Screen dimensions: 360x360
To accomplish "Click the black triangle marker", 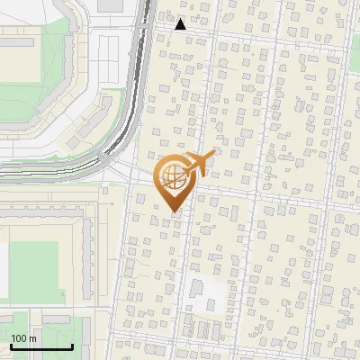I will pyautogui.click(x=181, y=24).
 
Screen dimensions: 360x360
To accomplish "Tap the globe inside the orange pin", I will pyautogui.click(x=174, y=177).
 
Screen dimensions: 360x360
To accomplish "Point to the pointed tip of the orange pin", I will pyautogui.click(x=174, y=212).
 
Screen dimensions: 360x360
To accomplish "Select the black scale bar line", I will pyautogui.click(x=41, y=346).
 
